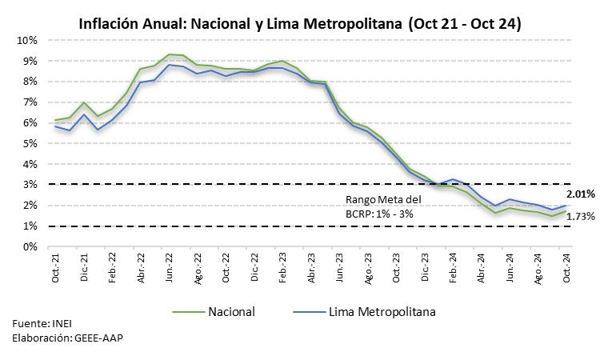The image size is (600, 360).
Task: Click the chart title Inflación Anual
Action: click(x=300, y=24)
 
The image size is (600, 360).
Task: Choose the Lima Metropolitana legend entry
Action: click(x=375, y=311)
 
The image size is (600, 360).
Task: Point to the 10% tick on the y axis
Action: click(x=28, y=40)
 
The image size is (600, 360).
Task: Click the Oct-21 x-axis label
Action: click(x=55, y=267)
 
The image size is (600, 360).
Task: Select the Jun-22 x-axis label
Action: click(x=170, y=267)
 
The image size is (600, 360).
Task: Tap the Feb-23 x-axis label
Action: click(x=284, y=267)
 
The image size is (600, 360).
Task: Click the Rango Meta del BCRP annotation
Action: click(x=382, y=207)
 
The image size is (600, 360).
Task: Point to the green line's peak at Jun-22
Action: click(x=170, y=54)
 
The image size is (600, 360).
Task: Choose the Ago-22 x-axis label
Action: click(x=198, y=267)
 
